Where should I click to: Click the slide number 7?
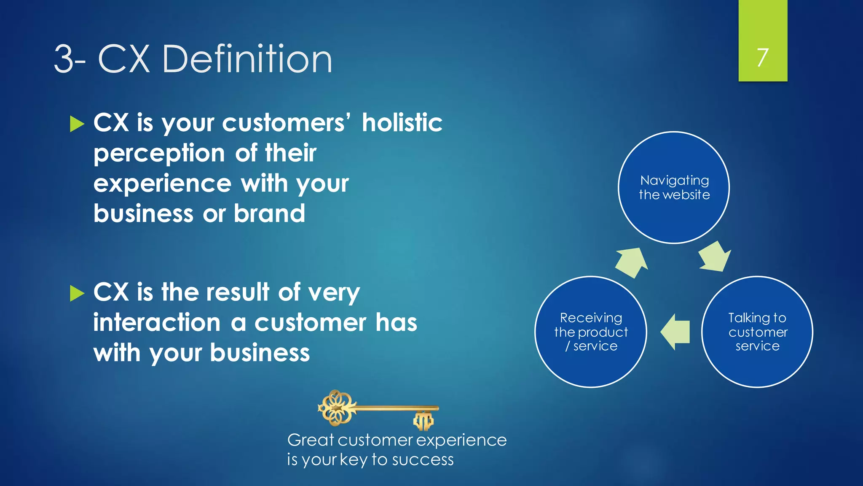[x=762, y=57]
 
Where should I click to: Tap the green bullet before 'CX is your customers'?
[x=77, y=124]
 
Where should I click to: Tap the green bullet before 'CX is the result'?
[x=77, y=293]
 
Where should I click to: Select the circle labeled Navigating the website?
[x=673, y=187]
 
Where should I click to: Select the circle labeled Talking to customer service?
[x=757, y=332]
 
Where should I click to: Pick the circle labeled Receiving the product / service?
[x=590, y=332]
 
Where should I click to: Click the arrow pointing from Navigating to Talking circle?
[x=715, y=256]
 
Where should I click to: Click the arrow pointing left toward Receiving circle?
[x=675, y=332]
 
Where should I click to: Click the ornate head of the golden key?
[x=337, y=408]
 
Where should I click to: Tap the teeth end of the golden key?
[x=423, y=420]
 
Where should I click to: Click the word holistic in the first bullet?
[x=402, y=123]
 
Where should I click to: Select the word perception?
[x=159, y=154]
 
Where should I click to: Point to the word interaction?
[x=157, y=323]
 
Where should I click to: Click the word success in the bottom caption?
[x=423, y=460]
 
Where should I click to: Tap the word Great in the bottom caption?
[x=311, y=440]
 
